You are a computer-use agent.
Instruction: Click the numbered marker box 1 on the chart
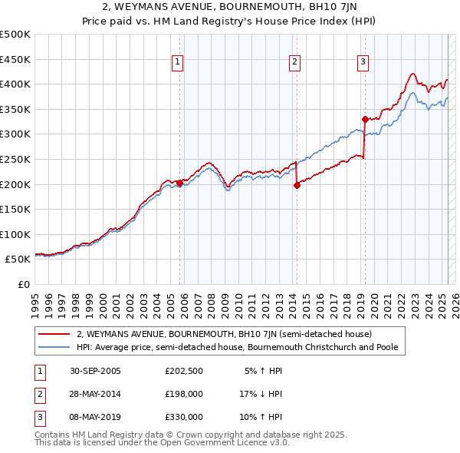(178, 63)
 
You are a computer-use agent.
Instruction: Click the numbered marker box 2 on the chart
(295, 63)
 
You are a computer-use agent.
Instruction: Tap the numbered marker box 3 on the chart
(363, 63)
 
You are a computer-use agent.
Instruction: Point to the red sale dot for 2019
(365, 119)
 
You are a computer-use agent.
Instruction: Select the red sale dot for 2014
(297, 185)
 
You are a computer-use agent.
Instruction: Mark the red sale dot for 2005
(180, 183)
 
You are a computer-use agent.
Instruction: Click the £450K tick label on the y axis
(15, 59)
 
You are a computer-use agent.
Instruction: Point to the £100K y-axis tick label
(15, 234)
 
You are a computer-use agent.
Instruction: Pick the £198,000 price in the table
(183, 394)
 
